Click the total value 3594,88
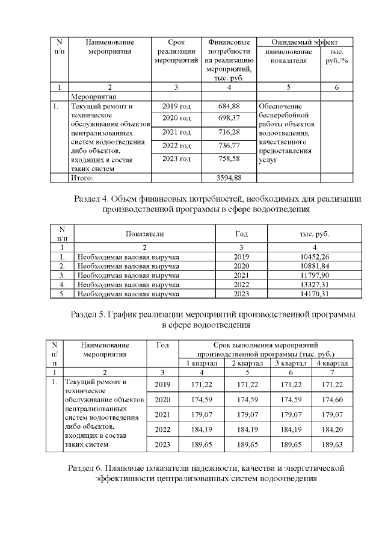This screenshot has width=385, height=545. (229, 178)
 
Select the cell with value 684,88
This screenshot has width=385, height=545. (229, 107)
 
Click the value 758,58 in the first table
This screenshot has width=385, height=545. (229, 159)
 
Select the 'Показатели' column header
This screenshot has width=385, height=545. (144, 234)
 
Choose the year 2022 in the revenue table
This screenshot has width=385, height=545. (240, 285)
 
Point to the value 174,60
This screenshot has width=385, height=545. (333, 400)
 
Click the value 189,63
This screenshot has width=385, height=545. (333, 445)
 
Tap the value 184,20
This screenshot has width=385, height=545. (333, 430)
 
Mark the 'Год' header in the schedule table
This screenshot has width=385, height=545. (162, 345)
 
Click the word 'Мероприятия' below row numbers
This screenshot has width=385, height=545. (93, 96)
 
